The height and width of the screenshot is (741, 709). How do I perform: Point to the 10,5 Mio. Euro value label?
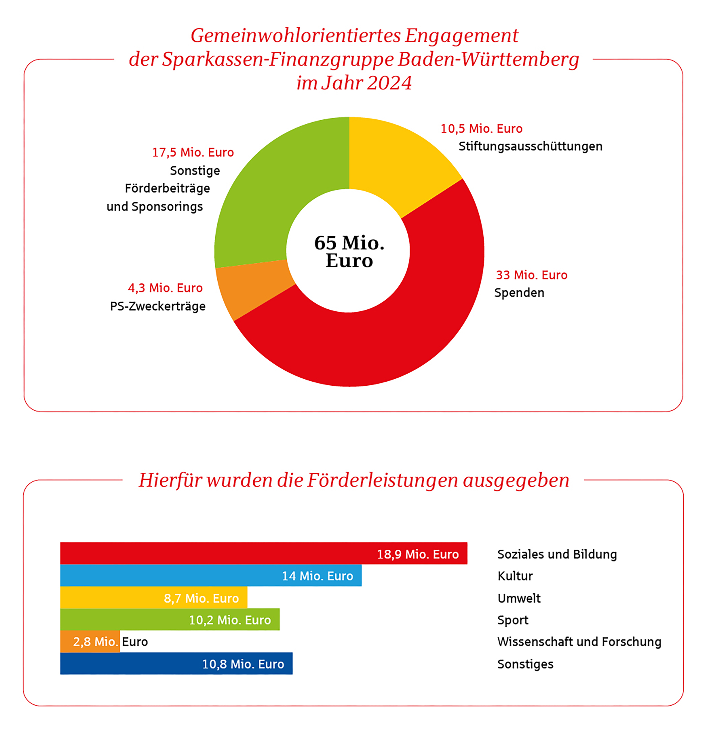(481, 129)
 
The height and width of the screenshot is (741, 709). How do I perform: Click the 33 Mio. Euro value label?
(531, 275)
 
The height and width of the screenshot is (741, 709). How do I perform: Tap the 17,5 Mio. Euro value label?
(193, 153)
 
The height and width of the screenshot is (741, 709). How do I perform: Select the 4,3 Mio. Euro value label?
(165, 288)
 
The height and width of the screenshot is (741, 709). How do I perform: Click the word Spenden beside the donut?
(519, 293)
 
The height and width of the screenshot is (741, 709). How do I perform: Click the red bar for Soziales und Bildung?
(227, 553)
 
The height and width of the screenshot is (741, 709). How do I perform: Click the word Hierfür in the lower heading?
(168, 480)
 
